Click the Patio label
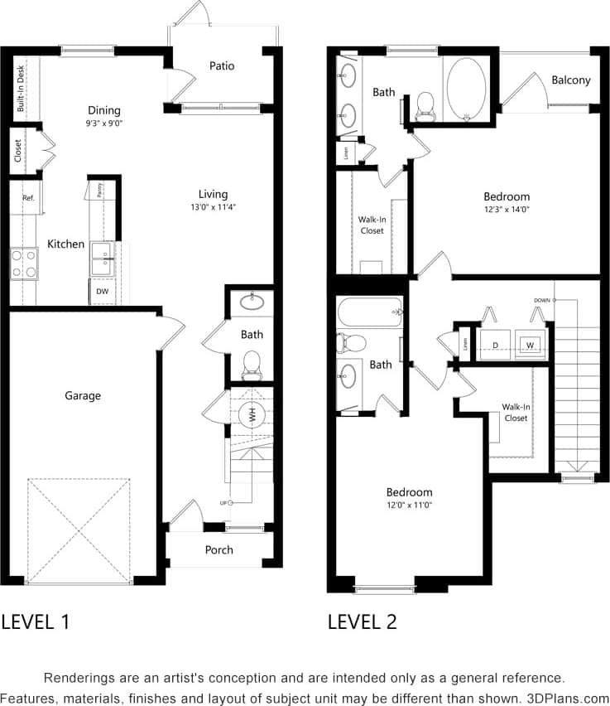click(x=222, y=65)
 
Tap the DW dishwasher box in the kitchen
click(x=102, y=292)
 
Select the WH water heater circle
click(x=252, y=414)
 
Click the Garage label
click(x=83, y=395)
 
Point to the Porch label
click(x=219, y=549)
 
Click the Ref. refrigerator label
click(x=28, y=198)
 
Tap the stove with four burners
click(x=23, y=264)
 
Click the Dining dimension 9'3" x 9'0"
click(x=103, y=123)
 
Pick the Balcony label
click(x=571, y=80)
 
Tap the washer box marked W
click(x=529, y=344)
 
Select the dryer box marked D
click(x=495, y=344)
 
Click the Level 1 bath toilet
click(x=251, y=361)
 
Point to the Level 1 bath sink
click(x=252, y=302)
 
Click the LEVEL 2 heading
click(x=362, y=621)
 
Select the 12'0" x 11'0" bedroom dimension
click(x=409, y=505)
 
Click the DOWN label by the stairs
click(x=541, y=300)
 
